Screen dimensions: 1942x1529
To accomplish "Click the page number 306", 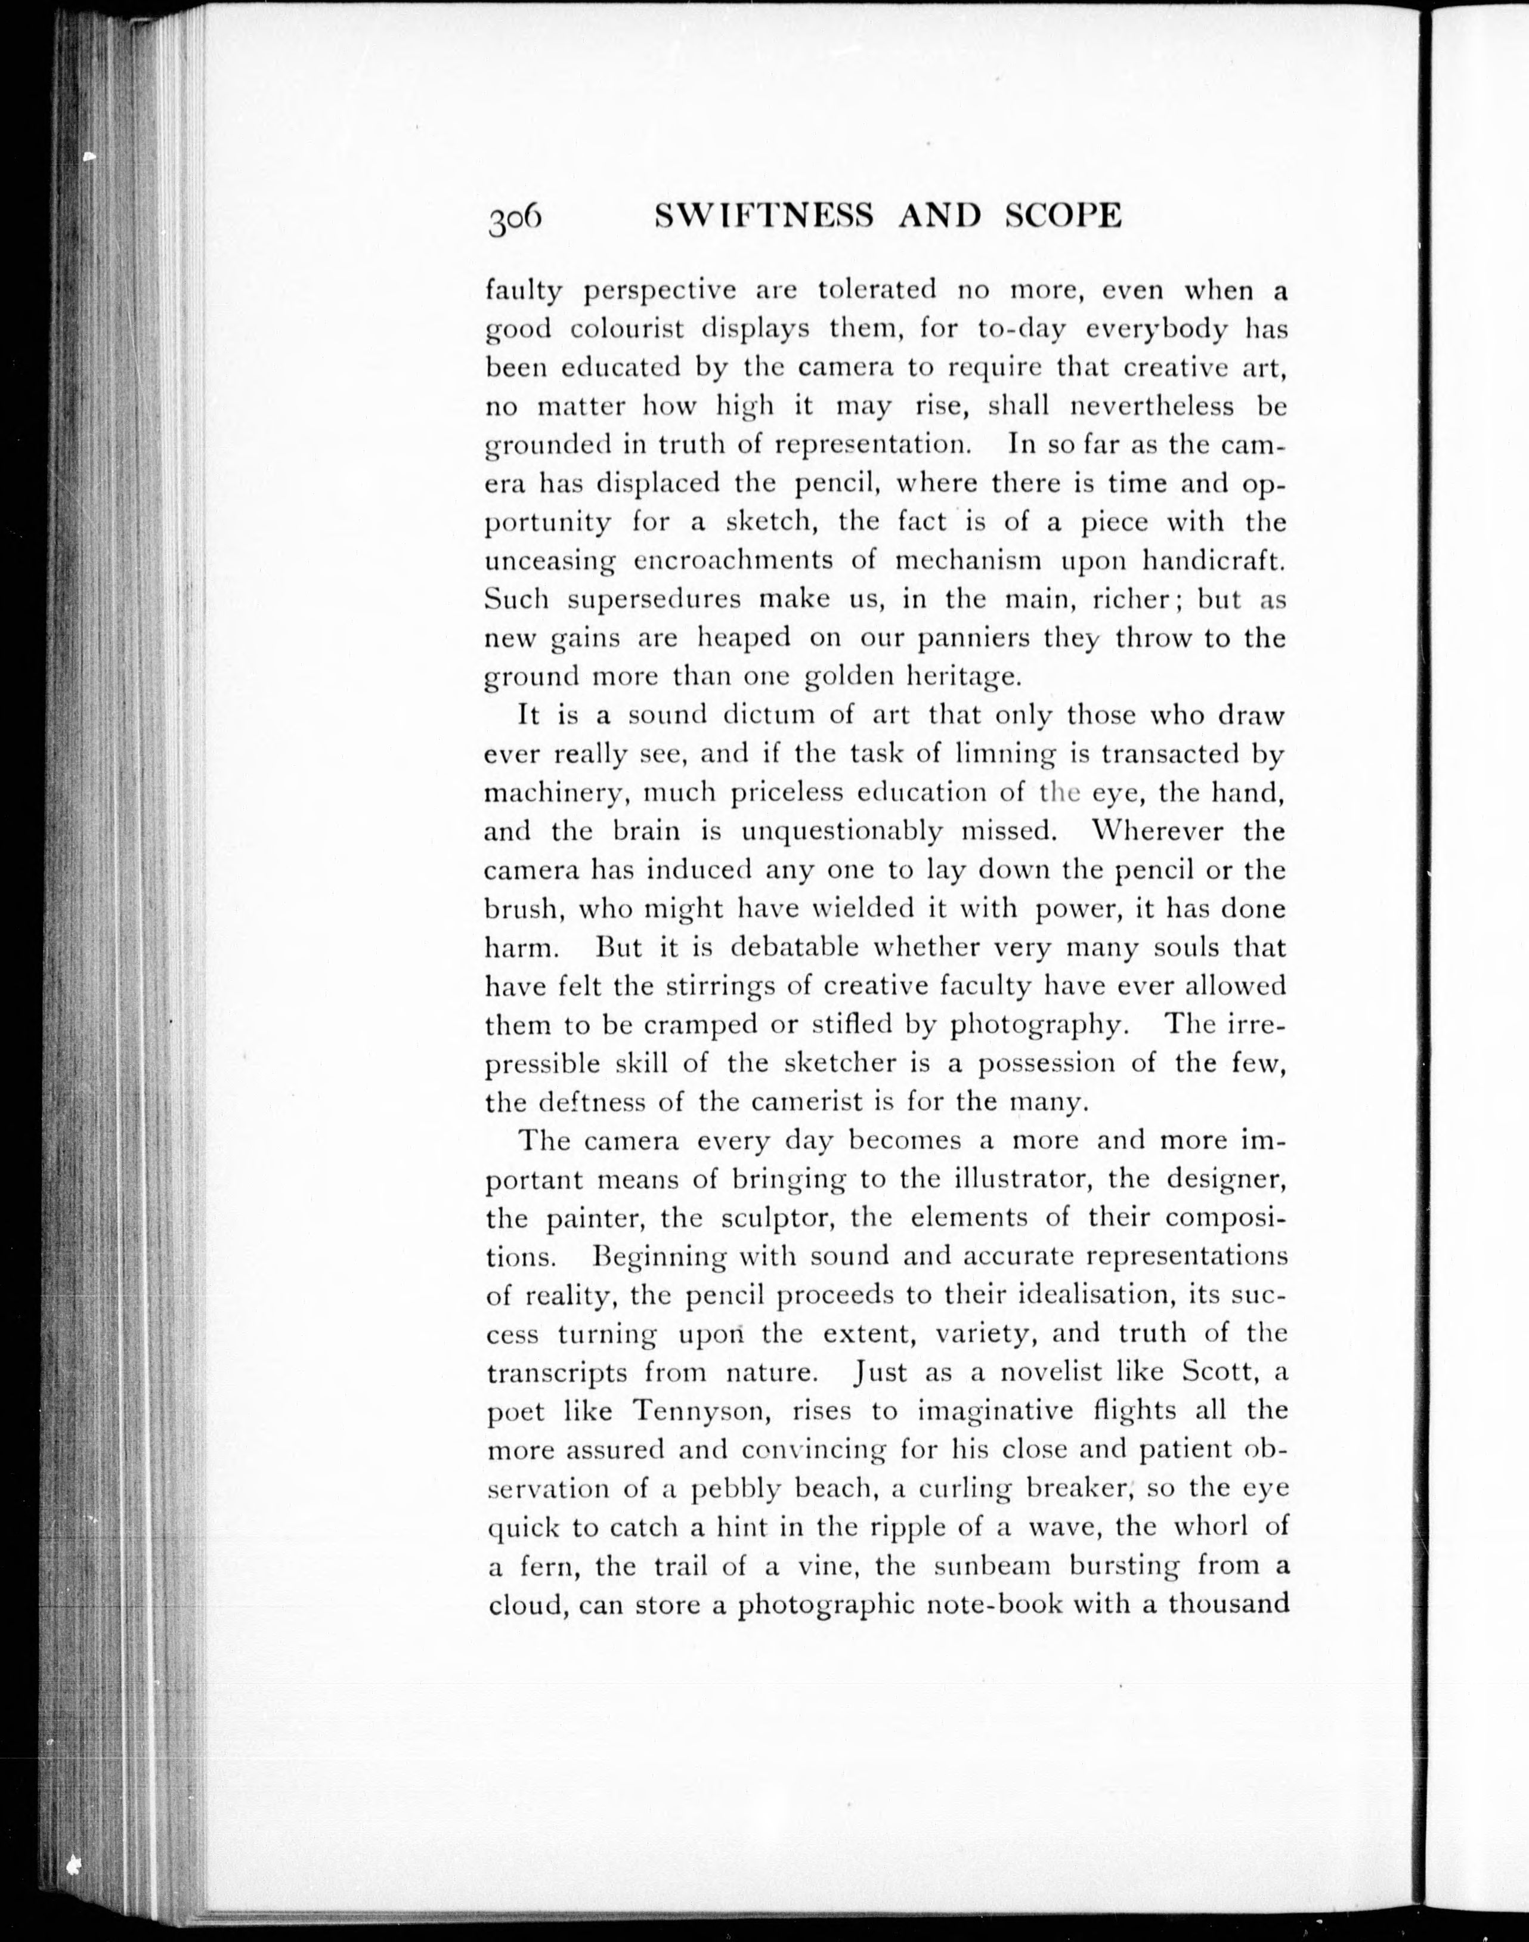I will (515, 218).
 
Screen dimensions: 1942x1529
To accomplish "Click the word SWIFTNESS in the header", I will (763, 216).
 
